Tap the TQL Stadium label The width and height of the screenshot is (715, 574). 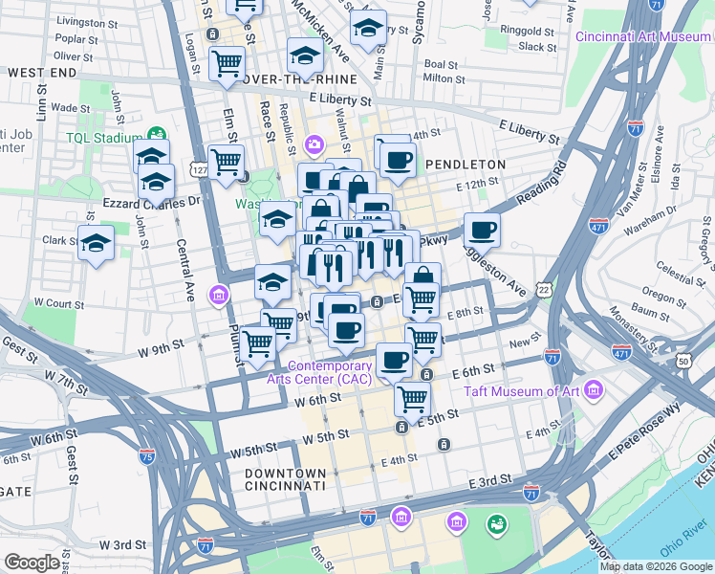104,137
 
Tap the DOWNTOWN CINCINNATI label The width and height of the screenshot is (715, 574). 286,480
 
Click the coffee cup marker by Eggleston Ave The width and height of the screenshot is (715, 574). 482,230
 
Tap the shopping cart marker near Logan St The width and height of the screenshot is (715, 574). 227,63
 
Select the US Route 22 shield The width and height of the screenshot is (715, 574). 544,288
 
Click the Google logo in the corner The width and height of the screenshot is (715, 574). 32,563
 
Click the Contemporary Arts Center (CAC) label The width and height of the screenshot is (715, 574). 330,372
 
